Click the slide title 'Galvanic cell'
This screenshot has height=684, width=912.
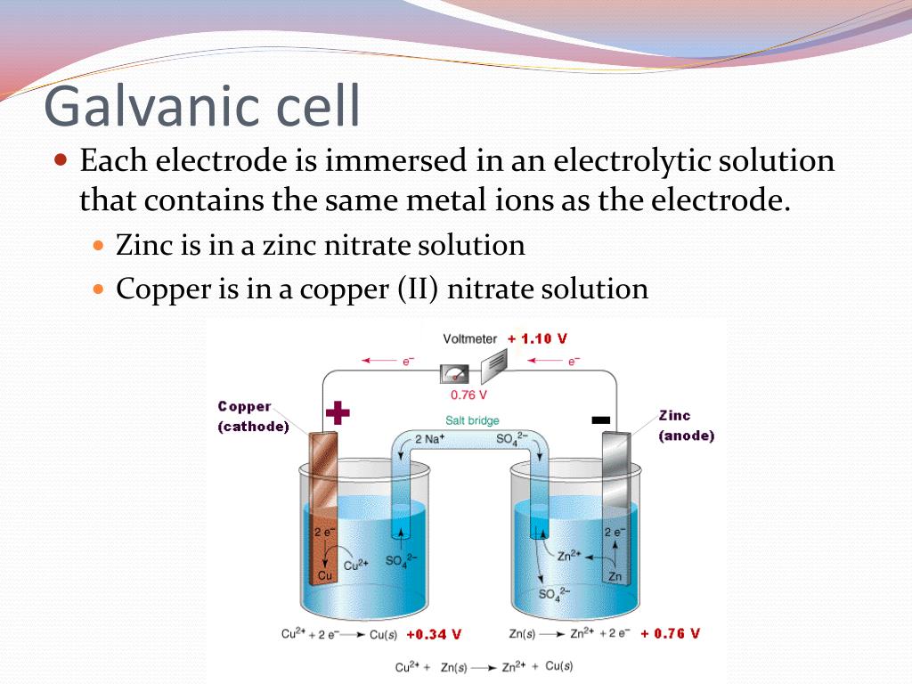coord(202,107)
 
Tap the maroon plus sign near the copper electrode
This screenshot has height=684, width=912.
coord(338,412)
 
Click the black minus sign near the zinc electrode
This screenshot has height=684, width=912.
coord(601,419)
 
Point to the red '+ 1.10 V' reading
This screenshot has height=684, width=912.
coord(537,338)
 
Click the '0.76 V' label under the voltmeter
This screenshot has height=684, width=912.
coord(468,395)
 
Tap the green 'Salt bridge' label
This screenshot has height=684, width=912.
coord(472,420)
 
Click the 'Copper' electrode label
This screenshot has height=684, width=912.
coord(244,406)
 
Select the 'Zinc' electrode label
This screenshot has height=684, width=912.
coord(674,415)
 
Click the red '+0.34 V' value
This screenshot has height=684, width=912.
coord(434,635)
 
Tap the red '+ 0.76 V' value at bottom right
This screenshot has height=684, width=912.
coord(670,633)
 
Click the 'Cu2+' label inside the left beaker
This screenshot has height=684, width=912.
coord(356,564)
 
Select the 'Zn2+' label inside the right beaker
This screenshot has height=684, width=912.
coord(569,555)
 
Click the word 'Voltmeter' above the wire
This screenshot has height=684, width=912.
coord(469,339)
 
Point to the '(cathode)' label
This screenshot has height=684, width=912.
coord(254,427)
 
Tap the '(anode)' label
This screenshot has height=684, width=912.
coord(686,436)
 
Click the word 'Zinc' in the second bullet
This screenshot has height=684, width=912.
coord(146,245)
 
